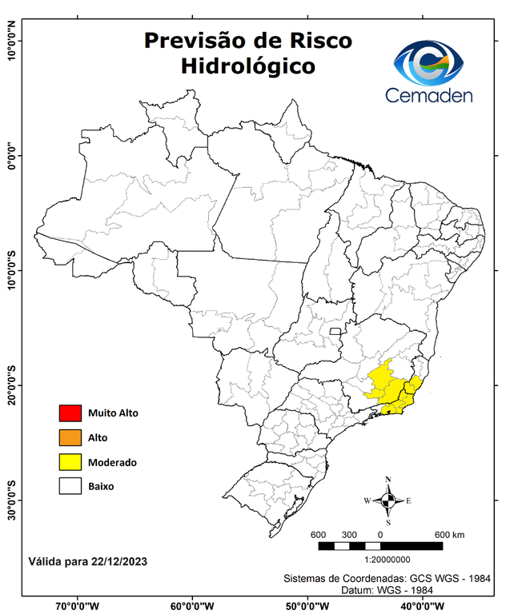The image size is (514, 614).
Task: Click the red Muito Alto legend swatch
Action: pyautogui.click(x=70, y=413)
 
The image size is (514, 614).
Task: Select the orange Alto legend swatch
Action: pyautogui.click(x=70, y=437)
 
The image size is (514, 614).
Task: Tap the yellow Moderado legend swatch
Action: pyautogui.click(x=70, y=461)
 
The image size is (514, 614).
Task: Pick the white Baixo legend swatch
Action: pyautogui.click(x=70, y=485)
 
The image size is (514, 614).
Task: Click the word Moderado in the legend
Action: pyautogui.click(x=112, y=462)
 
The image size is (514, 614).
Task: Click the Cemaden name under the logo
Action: pyautogui.click(x=429, y=96)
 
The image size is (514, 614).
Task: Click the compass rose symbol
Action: pyautogui.click(x=388, y=500)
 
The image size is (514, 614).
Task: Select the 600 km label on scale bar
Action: pyautogui.click(x=449, y=534)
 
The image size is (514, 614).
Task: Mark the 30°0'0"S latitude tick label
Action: pyautogui.click(x=11, y=500)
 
